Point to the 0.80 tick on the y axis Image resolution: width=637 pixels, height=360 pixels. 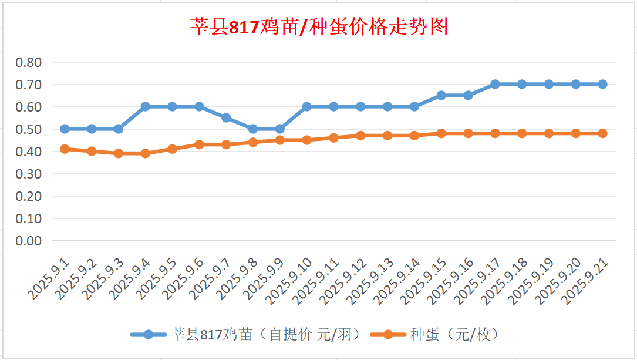29,62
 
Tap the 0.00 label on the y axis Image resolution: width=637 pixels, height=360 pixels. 29,241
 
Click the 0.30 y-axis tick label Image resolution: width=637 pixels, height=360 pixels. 29,174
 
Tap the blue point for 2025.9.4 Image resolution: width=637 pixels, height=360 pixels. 146,106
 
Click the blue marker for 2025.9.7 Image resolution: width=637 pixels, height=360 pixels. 226,117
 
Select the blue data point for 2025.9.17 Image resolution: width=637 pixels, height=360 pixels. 495,84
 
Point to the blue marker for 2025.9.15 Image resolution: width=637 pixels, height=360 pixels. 441,95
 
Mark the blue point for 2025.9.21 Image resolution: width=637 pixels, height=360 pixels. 602,84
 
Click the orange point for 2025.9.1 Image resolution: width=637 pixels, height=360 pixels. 65,149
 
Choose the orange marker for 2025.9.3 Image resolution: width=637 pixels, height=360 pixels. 119,153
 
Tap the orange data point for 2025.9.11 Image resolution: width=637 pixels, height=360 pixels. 333,137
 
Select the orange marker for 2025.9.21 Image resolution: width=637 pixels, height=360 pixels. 602,133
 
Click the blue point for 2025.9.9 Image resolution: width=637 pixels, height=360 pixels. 280,129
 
